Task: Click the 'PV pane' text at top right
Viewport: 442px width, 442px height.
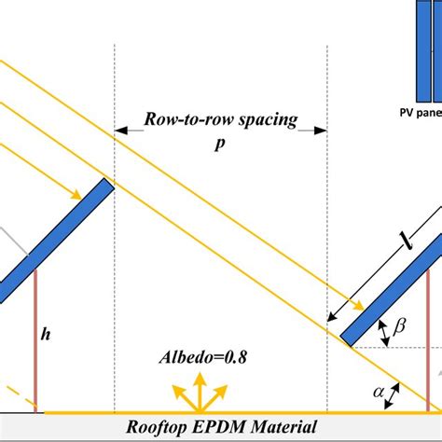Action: tap(415, 117)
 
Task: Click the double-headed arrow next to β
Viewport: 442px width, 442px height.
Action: tap(382, 328)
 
